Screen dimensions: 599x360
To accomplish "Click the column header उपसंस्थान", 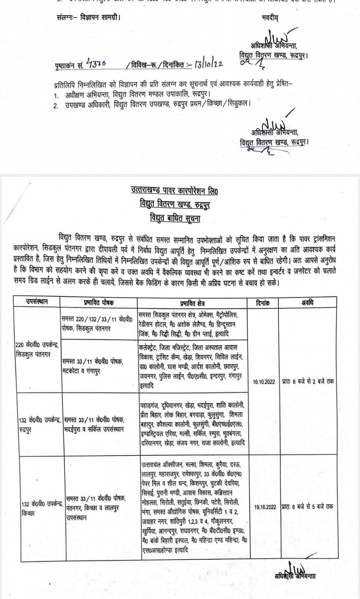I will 37,302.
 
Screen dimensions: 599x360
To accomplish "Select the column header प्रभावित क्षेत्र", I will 192,303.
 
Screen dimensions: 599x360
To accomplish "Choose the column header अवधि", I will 307,302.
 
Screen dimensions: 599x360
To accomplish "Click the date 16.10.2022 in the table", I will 264,381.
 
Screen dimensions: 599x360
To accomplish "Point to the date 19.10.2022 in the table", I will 265,507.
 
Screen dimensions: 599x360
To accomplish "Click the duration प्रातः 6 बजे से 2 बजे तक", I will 308,381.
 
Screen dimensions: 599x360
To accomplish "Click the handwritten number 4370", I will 96,64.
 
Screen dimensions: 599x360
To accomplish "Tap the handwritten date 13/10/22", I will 208,64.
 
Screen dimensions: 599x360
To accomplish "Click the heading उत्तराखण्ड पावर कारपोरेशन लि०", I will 174,191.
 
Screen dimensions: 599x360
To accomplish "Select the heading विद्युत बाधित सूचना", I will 175,218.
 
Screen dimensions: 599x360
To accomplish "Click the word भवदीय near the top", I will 270,18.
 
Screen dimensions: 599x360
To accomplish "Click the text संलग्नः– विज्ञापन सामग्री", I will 89,17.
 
